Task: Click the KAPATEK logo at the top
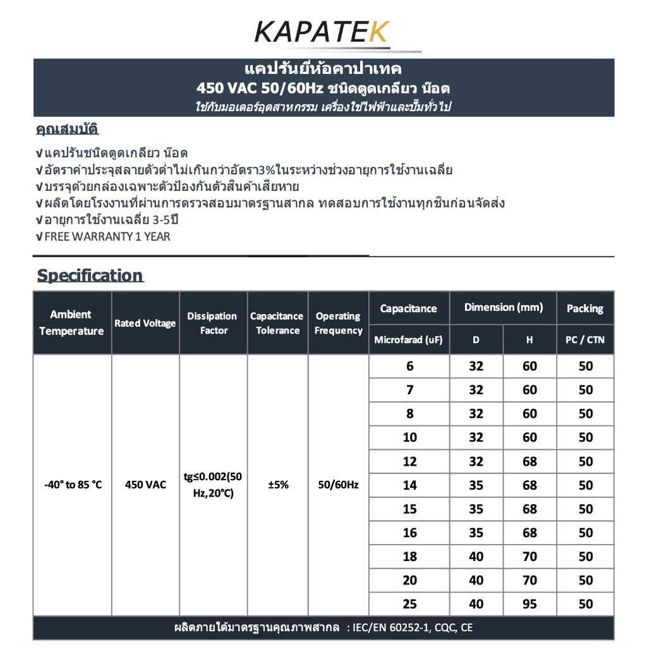coord(323,31)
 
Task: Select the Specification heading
coord(90,275)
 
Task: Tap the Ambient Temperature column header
coord(71,323)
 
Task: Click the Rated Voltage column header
coord(145,323)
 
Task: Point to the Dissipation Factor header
coord(212,323)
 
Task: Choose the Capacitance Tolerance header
coord(277,323)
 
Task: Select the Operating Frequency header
coord(338,323)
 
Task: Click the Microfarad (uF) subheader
coord(409,340)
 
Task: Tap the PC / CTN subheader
coord(585,340)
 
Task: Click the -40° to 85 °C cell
coord(73,485)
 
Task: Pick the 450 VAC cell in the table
coord(146,485)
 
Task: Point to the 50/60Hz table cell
coord(338,485)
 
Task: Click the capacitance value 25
coord(410,604)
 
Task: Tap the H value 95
coord(529,604)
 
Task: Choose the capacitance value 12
coord(410,461)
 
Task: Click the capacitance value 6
coord(410,366)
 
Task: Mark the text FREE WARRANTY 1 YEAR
coord(107,237)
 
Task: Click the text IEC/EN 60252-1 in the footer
coord(396,628)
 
